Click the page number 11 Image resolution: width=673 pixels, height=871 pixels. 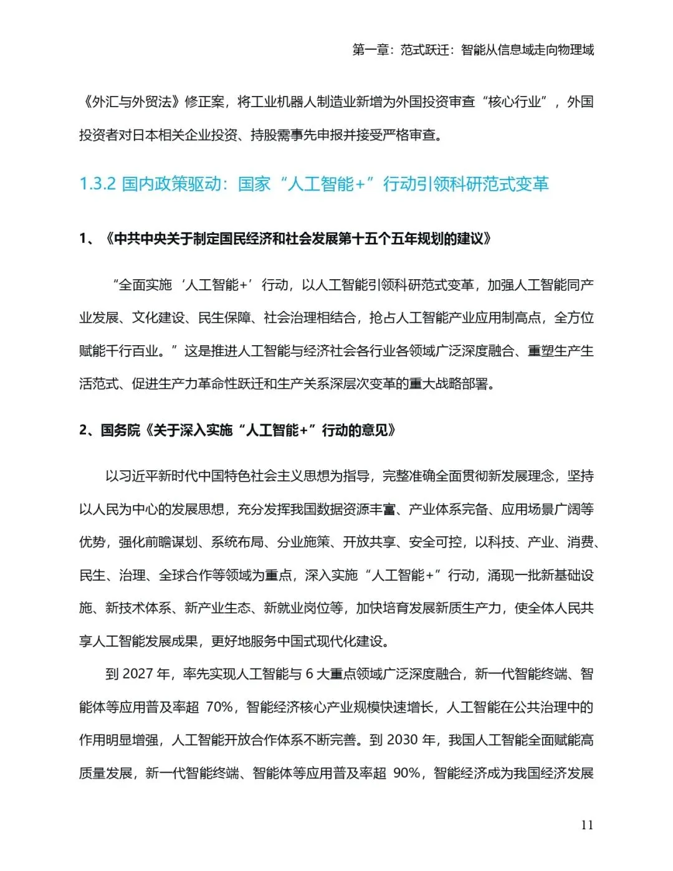[x=586, y=825]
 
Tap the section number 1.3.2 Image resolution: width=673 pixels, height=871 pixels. [x=98, y=184]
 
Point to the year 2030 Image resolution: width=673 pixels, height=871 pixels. [x=402, y=740]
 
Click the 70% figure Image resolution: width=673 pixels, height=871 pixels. [x=219, y=707]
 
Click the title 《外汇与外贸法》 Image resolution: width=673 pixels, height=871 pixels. [x=131, y=102]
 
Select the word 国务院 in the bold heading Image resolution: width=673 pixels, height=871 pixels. [x=120, y=431]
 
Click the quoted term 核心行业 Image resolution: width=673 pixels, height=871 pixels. [x=514, y=102]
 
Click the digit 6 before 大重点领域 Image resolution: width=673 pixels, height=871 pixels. [x=310, y=674]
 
